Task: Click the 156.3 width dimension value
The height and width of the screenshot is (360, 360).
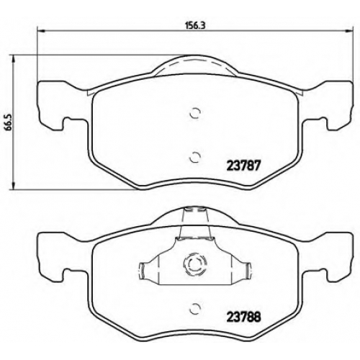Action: pos(196,25)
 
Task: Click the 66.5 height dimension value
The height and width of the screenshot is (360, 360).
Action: pos(9,122)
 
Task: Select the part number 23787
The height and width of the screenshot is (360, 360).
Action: pos(243,166)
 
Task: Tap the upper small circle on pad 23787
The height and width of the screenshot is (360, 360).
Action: pos(194,113)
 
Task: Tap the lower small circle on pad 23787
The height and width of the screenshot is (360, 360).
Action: pos(194,158)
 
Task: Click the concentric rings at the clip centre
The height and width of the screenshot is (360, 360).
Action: pos(194,264)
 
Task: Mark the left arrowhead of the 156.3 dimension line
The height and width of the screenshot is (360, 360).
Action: pos(41,30)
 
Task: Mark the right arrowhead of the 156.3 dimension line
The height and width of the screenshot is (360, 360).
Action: pos(349,30)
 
